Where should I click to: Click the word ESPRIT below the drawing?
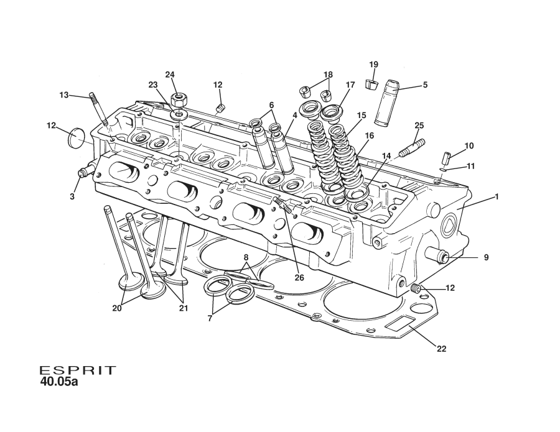(78, 370)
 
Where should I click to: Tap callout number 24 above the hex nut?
(170, 75)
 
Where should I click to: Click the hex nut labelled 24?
(179, 99)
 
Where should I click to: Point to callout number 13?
(64, 95)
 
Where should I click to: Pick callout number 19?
(373, 65)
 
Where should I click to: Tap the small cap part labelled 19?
(373, 83)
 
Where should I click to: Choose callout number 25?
(419, 126)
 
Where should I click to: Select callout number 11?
(470, 167)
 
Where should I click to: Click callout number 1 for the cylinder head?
(497, 196)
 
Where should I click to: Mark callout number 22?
(441, 349)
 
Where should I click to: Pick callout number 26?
(299, 278)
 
